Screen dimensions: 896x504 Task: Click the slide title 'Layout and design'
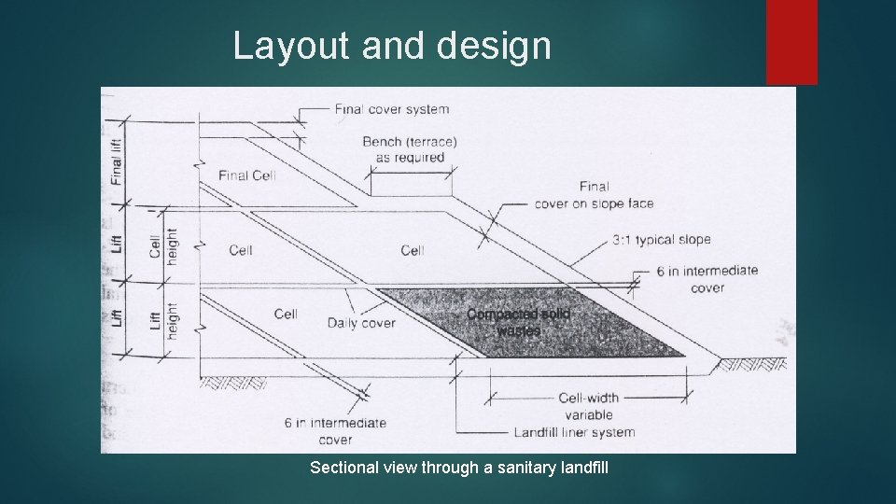(x=392, y=45)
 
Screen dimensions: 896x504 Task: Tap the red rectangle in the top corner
(x=791, y=41)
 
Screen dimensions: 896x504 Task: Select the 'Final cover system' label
(x=392, y=108)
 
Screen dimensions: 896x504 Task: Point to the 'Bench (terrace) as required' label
(x=409, y=149)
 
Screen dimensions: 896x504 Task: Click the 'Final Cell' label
(x=247, y=175)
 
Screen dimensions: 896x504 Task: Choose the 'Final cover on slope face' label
(x=595, y=195)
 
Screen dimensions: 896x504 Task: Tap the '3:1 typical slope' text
(x=662, y=240)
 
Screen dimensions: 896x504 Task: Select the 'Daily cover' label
(x=361, y=323)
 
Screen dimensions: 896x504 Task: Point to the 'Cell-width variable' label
(x=588, y=406)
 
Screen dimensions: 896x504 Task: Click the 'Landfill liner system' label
(x=574, y=432)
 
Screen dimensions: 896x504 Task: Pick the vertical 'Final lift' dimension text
(x=116, y=161)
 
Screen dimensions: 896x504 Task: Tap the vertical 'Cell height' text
(x=162, y=245)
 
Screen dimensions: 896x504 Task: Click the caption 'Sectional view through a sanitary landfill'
(x=459, y=466)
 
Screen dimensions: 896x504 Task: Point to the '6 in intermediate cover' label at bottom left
(x=335, y=430)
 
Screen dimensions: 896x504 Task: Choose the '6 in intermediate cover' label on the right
(x=707, y=279)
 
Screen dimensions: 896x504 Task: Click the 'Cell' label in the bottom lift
(x=286, y=314)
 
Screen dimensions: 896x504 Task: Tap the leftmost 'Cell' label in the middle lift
(x=241, y=250)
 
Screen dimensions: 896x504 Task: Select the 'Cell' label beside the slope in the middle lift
(x=413, y=250)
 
